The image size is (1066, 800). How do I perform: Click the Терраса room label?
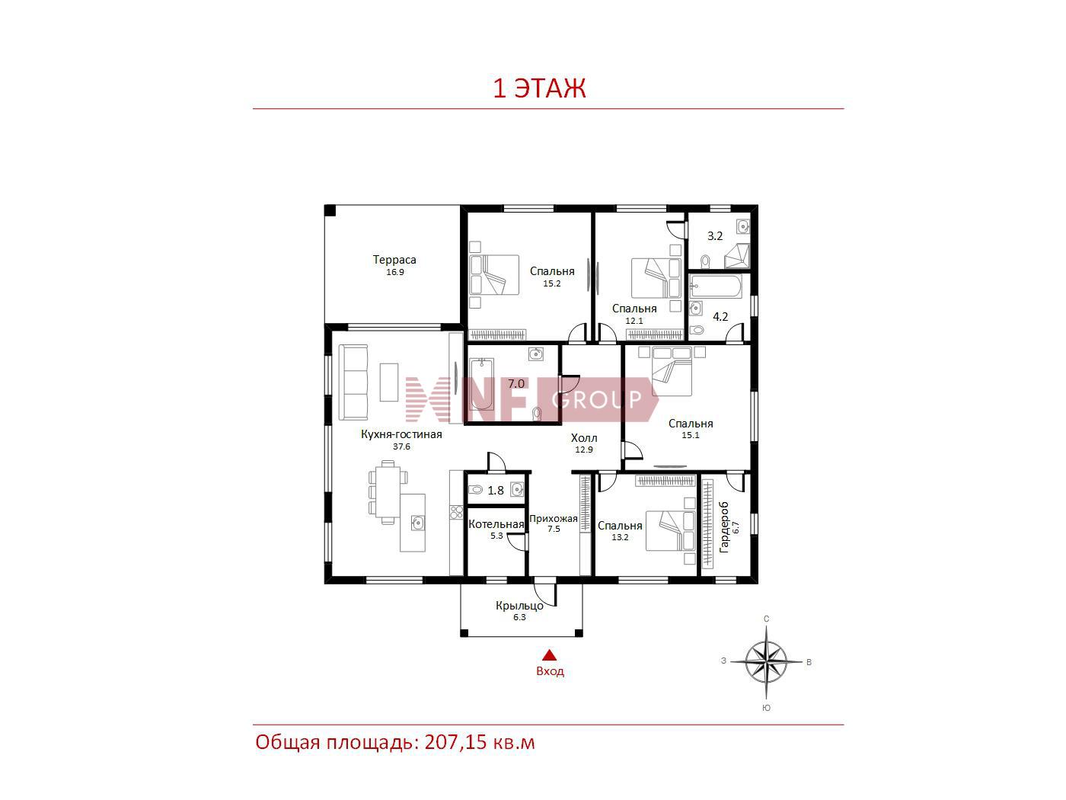394,259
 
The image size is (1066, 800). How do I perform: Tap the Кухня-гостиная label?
401,434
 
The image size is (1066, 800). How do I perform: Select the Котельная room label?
496,524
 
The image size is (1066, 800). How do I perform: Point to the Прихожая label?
553,518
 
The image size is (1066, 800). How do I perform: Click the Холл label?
584,437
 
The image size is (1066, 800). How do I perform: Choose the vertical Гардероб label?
723,527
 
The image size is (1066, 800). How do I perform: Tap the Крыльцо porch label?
519,606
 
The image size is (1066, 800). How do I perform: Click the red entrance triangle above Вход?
549,655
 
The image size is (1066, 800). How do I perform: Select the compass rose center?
766,661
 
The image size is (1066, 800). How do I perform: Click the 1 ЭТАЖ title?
539,88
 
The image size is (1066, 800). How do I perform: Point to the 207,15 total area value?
455,742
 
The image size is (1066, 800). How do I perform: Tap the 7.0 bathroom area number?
515,384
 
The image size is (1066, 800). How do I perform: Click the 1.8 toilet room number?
496,491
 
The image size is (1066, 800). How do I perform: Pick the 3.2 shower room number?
714,236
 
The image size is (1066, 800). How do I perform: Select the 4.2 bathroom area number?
720,317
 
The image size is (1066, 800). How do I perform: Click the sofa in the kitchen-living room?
353,382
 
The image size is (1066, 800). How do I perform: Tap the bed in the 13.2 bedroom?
671,531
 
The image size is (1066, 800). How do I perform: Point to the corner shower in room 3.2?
737,257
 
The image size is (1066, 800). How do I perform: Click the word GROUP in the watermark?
597,399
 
